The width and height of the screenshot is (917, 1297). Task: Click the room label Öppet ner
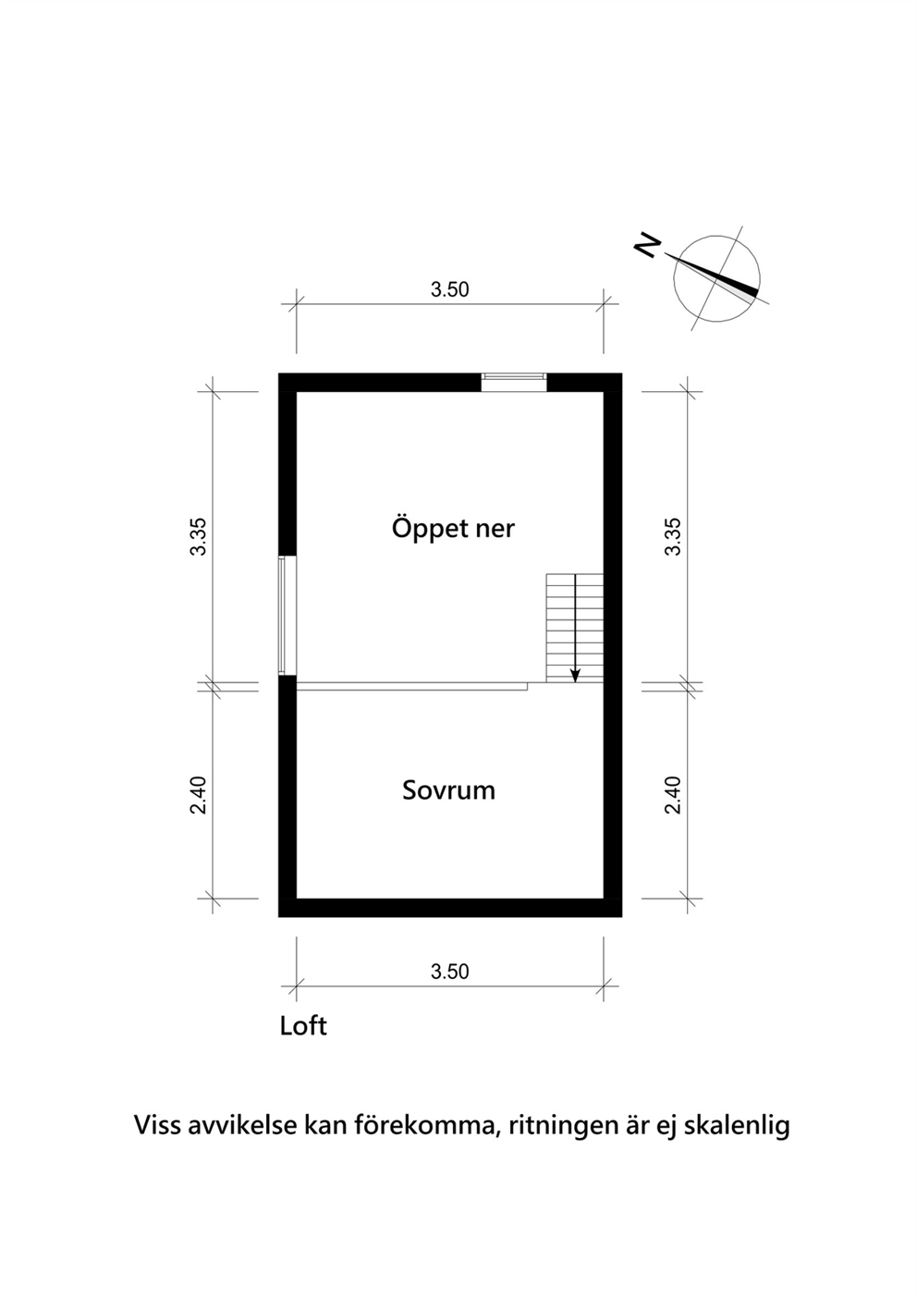453,529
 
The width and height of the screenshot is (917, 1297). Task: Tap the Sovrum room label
448,790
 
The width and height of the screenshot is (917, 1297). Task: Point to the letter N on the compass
648,246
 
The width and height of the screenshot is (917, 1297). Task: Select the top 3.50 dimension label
449,289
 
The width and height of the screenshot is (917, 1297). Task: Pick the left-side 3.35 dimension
199,537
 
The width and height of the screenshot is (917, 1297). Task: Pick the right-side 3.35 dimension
673,537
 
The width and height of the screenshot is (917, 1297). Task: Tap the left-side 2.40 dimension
199,795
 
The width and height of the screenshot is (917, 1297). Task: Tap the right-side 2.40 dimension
673,795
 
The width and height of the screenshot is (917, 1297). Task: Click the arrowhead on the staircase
575,675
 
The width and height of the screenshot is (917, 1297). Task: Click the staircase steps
575,629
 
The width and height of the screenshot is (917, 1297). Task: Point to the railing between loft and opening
411,686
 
